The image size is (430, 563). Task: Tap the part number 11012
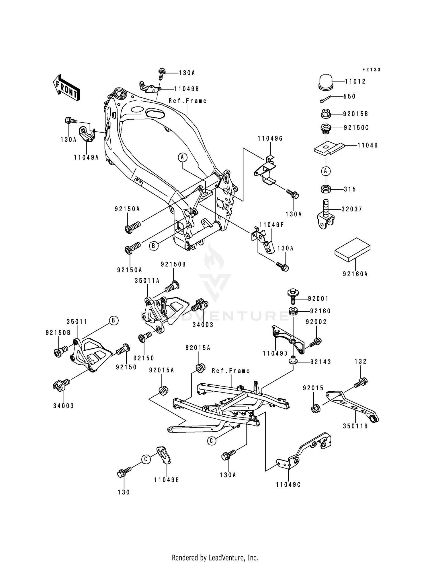(x=355, y=81)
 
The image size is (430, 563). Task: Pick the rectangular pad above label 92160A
(x=352, y=250)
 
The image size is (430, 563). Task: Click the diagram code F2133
(x=371, y=70)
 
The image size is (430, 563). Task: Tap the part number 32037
(x=352, y=209)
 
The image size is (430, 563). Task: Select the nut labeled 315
(x=326, y=189)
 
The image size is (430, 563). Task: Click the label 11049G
(x=270, y=139)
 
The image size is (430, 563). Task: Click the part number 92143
(x=320, y=362)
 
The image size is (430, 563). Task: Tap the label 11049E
(x=166, y=480)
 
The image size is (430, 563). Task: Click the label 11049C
(x=288, y=485)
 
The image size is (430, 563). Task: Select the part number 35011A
(x=147, y=281)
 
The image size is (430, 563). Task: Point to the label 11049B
(x=186, y=89)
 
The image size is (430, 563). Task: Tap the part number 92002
(x=316, y=322)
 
